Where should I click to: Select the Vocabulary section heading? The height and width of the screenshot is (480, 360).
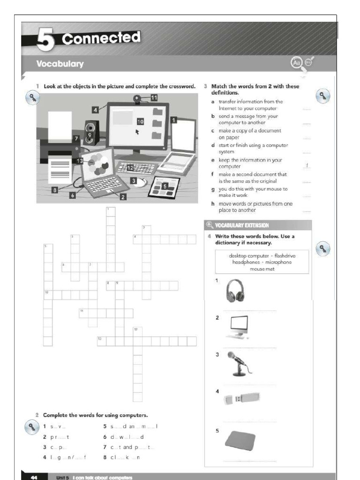[60, 64]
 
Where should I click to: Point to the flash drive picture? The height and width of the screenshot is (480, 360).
[241, 398]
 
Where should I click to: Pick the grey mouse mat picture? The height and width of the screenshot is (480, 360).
[240, 441]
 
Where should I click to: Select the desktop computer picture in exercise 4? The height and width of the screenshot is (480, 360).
[239, 327]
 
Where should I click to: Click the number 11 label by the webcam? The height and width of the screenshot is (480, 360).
[154, 97]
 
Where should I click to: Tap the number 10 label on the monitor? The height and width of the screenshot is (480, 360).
[140, 121]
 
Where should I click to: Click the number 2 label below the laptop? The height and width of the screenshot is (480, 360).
[123, 197]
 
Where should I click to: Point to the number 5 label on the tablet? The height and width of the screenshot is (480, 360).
[164, 186]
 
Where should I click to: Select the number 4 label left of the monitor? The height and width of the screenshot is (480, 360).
[96, 109]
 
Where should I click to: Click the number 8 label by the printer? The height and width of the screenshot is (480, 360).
[55, 190]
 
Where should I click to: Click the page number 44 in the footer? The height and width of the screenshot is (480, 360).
[34, 477]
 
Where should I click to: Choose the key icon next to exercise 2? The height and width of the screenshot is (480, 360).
[31, 427]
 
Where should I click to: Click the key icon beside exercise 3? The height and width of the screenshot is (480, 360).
[323, 96]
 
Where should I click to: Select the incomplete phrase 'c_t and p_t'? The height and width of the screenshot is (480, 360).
[128, 447]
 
